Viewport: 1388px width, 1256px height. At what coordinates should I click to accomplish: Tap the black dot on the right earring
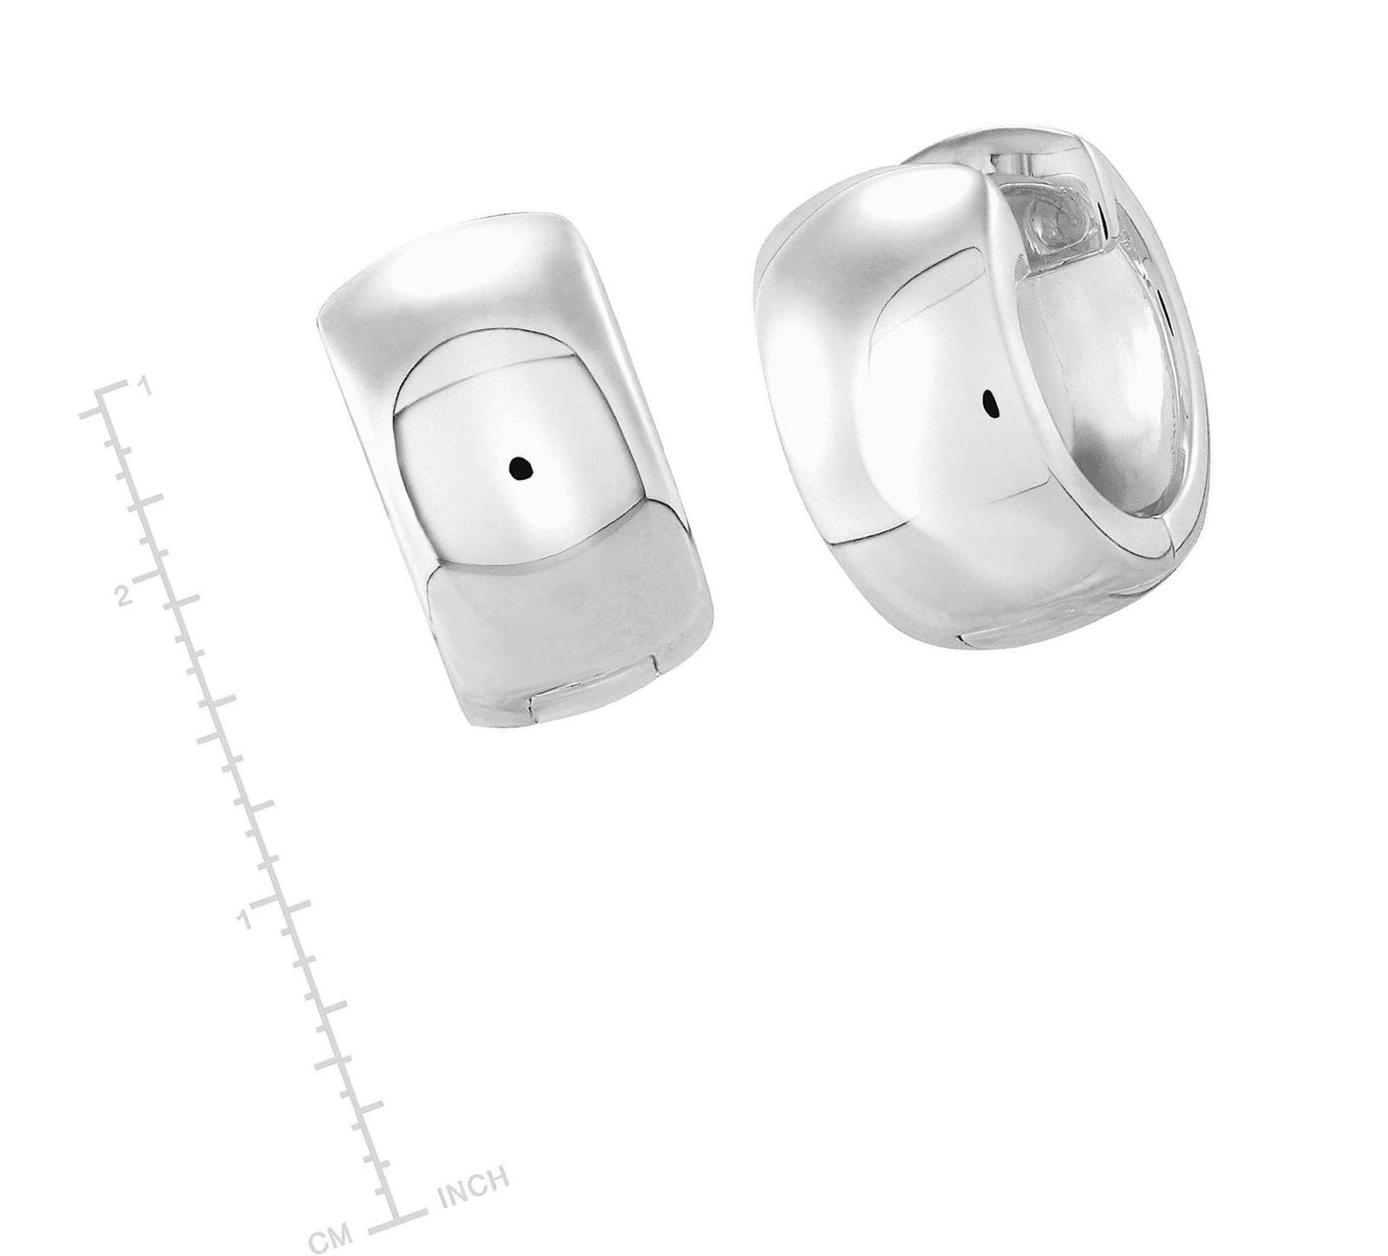990,403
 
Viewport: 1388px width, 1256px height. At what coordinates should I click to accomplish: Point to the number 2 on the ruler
124,596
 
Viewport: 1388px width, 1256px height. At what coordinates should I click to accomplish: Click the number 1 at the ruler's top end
147,385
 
